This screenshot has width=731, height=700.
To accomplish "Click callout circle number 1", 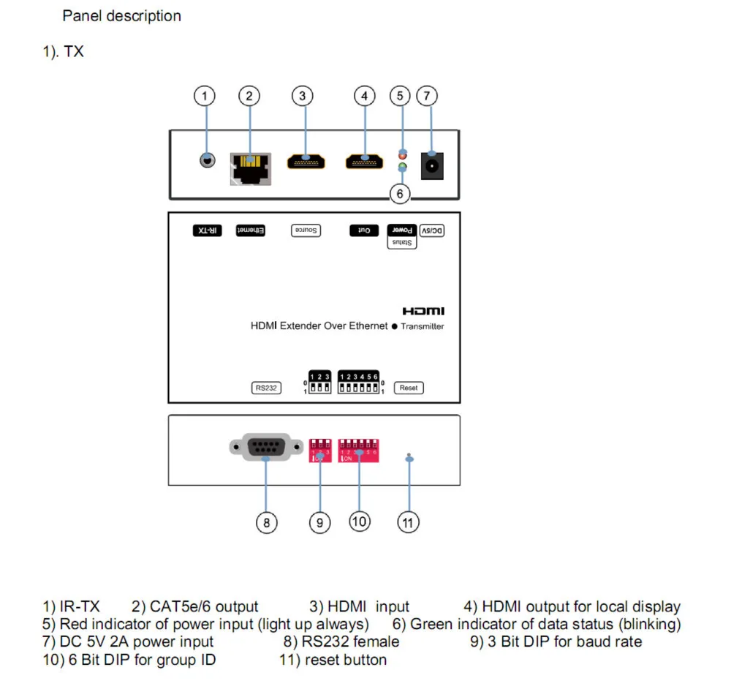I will [x=205, y=95].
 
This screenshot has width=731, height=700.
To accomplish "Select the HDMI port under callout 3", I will [x=306, y=161].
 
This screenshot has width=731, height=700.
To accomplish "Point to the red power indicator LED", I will [x=401, y=154].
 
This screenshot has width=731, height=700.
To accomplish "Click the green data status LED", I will [x=401, y=168].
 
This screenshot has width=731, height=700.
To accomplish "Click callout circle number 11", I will [x=409, y=522].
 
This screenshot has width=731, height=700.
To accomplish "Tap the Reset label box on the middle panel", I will [x=409, y=388].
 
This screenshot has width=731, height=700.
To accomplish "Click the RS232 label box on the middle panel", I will [x=265, y=388].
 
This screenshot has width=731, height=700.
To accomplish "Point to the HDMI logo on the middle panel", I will [x=423, y=312].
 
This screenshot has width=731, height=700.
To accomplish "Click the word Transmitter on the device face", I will [x=422, y=326].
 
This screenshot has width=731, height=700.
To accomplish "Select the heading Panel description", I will [x=122, y=15].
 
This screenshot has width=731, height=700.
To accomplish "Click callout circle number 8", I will [x=267, y=522].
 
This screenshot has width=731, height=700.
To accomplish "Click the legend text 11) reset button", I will [x=333, y=660].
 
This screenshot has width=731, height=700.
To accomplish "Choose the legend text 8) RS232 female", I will [x=341, y=641].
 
